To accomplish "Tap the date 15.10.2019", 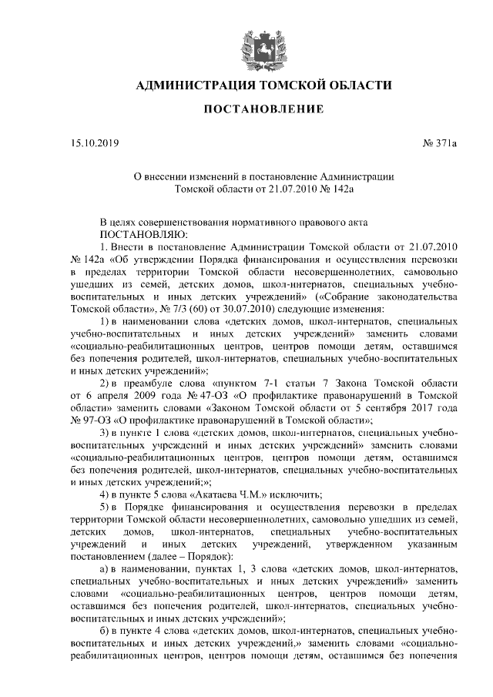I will pyautogui.click(x=91, y=142).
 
